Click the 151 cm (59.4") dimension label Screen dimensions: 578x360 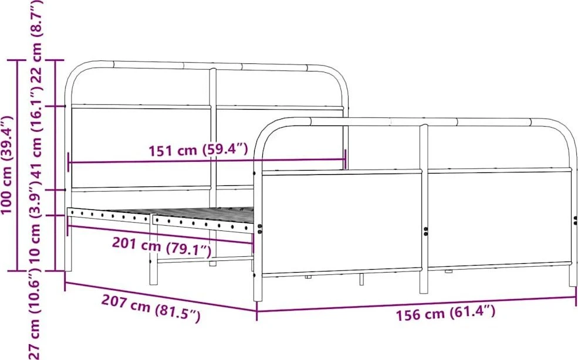(x=198, y=150)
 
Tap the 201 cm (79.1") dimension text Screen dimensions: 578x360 (x=162, y=247)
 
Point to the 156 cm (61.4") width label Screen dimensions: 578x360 (x=445, y=313)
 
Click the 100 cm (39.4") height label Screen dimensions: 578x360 (x=7, y=165)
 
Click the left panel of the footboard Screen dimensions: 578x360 (x=342, y=222)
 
